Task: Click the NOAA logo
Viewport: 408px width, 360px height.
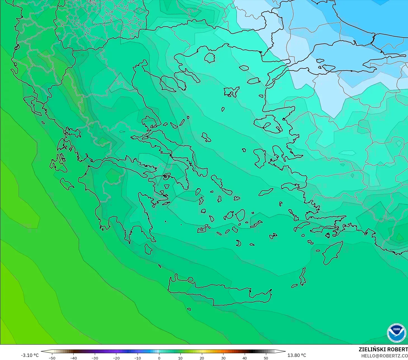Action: pyautogui.click(x=396, y=333)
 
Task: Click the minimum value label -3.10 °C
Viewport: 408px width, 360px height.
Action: pyautogui.click(x=30, y=355)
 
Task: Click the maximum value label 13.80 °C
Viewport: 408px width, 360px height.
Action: pyautogui.click(x=297, y=355)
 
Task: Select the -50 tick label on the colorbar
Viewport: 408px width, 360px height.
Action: pyautogui.click(x=52, y=358)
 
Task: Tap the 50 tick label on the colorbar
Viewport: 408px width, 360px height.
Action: pyautogui.click(x=266, y=358)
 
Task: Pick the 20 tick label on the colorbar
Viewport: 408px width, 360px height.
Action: pyautogui.click(x=202, y=358)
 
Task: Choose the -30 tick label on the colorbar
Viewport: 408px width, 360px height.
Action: pyautogui.click(x=95, y=358)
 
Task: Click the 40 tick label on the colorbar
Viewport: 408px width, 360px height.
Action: pyautogui.click(x=245, y=358)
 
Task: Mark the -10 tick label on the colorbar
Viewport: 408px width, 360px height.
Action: pyautogui.click(x=137, y=358)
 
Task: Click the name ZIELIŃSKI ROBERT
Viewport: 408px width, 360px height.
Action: pyautogui.click(x=383, y=349)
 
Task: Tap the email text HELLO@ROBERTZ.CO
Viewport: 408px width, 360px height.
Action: pyautogui.click(x=384, y=356)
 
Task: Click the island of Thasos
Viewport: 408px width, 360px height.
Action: pyautogui.click(x=209, y=58)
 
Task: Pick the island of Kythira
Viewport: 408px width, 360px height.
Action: pyautogui.click(x=148, y=249)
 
